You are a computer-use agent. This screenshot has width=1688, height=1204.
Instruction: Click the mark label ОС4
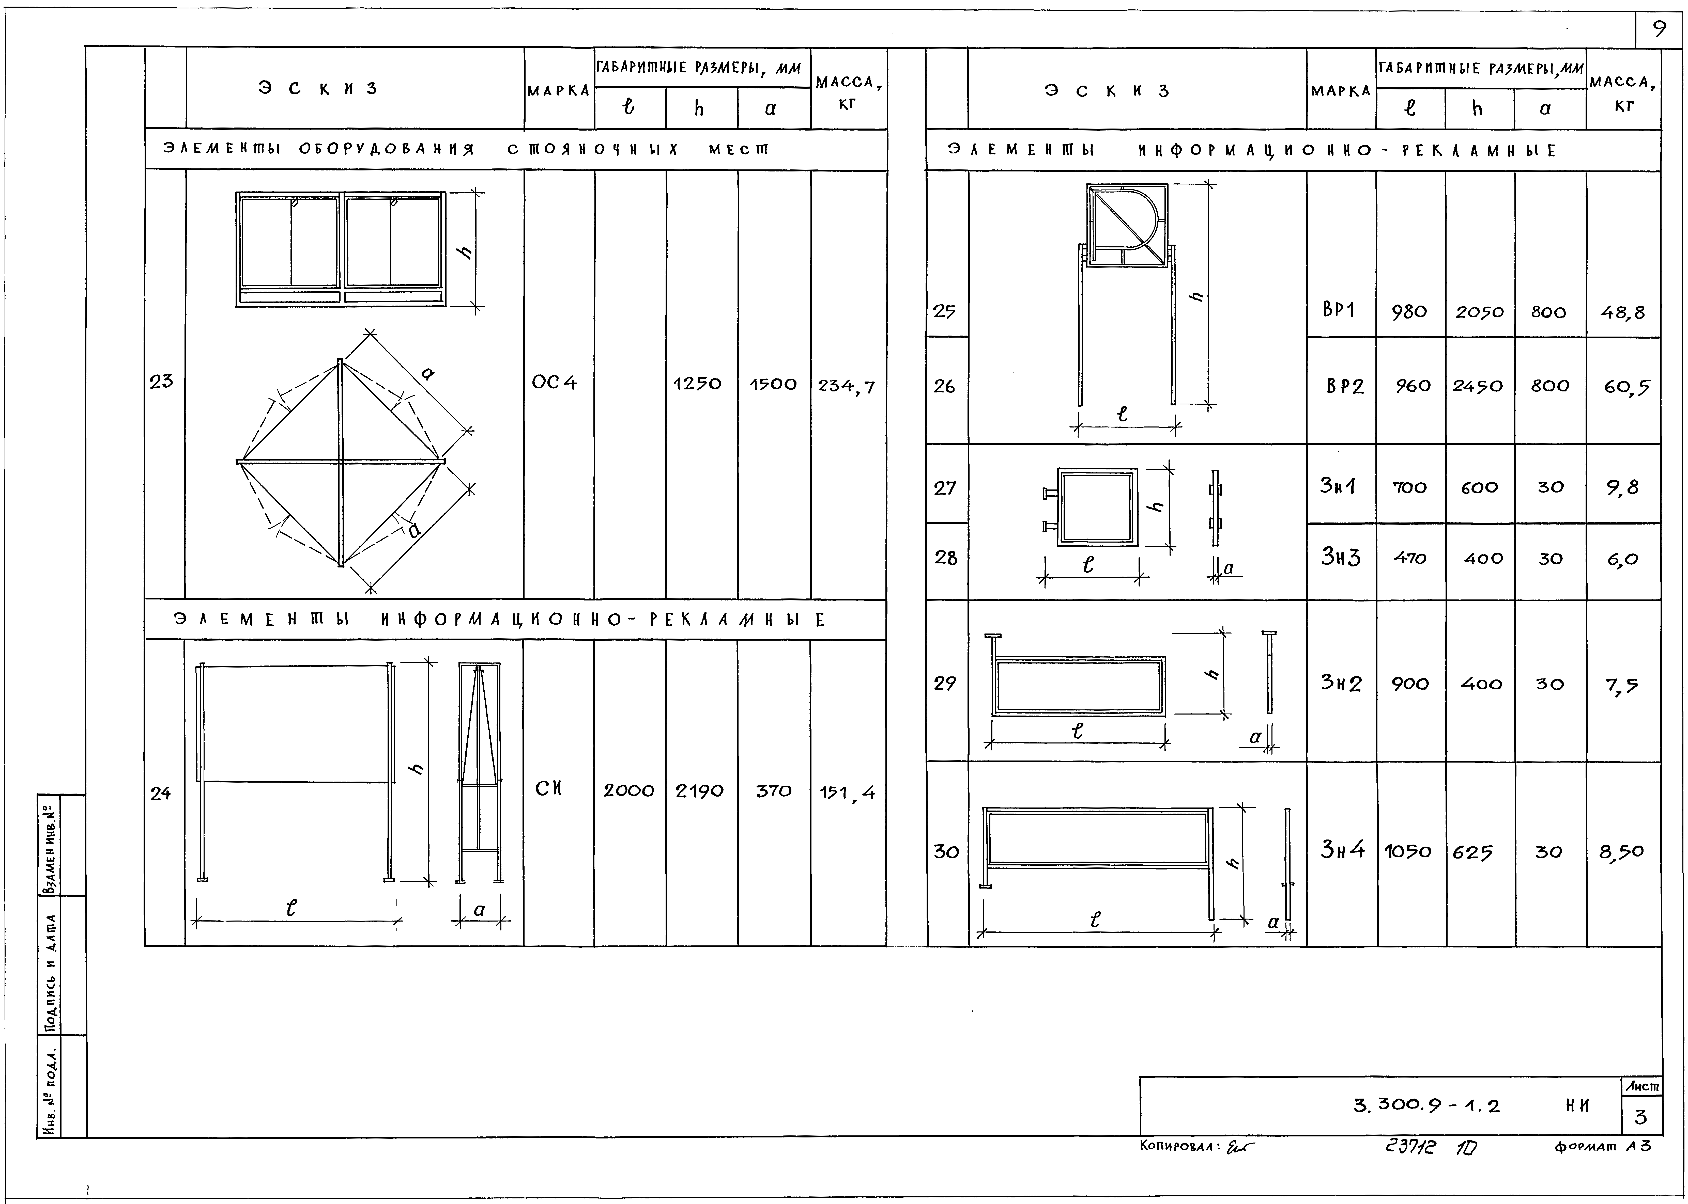(x=554, y=383)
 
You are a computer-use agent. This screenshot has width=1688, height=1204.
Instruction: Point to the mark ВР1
(x=1339, y=310)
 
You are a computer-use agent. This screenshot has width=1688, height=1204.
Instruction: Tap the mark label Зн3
(x=1340, y=557)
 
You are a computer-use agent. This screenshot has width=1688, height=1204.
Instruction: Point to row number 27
(x=945, y=488)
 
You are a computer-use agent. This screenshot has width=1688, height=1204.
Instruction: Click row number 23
(x=161, y=381)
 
